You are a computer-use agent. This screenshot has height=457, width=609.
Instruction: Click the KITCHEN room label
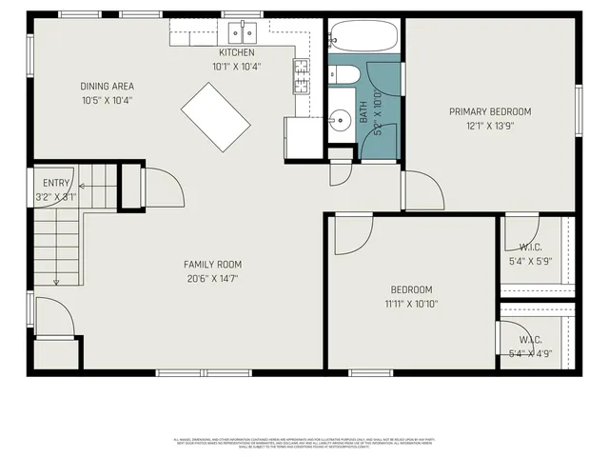click(x=236, y=52)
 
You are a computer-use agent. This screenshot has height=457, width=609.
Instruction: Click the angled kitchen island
click(x=216, y=116)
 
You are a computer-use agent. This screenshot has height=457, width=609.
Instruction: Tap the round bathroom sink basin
click(x=339, y=121)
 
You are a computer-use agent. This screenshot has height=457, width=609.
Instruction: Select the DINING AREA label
click(x=107, y=87)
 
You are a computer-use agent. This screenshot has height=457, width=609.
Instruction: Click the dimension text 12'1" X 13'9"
click(x=490, y=126)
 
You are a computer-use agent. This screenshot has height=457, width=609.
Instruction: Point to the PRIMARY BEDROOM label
click(x=490, y=111)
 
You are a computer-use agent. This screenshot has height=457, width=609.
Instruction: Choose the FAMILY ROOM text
click(x=212, y=265)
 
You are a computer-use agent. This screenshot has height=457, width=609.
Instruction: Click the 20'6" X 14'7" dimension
click(x=212, y=279)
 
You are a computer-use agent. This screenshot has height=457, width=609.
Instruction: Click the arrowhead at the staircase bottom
click(x=56, y=282)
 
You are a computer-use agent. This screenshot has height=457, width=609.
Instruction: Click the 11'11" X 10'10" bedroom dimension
click(x=411, y=305)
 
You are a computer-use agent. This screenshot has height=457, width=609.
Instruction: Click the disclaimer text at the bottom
click(x=304, y=443)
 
